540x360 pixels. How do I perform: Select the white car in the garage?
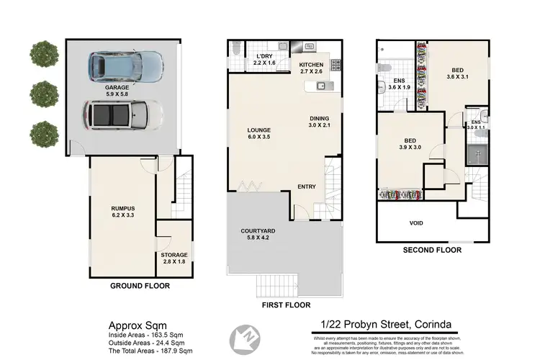tap(123, 114)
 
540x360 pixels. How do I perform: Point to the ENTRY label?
tap(307, 187)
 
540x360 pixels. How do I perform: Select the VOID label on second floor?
tap(416, 223)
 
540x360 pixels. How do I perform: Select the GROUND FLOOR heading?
tap(140, 286)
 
